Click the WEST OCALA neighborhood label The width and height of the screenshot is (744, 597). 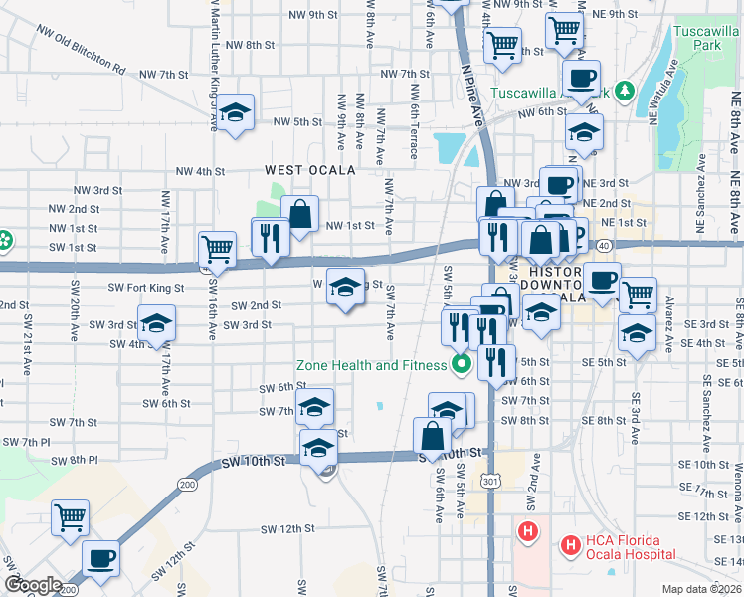coord(309,170)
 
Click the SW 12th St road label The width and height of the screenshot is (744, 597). coord(287,529)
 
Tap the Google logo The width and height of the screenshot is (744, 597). coord(32,584)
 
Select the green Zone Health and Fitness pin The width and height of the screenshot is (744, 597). coord(461,365)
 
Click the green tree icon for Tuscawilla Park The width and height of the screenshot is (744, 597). coord(625,92)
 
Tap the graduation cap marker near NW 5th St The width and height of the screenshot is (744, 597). coord(236,112)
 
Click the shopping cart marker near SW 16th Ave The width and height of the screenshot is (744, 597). coord(216,249)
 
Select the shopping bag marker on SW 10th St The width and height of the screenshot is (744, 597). coord(432,436)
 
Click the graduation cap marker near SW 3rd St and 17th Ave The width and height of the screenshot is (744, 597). coord(155,323)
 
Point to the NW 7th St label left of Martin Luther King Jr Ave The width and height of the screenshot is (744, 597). coord(164,75)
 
